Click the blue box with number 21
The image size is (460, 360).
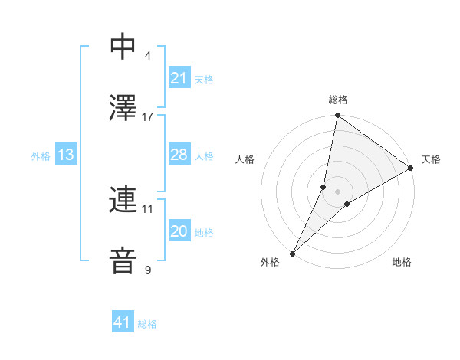[x=179, y=78]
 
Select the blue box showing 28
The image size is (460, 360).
[x=179, y=155]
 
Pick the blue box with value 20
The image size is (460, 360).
[x=179, y=231]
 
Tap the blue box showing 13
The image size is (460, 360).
[x=65, y=155]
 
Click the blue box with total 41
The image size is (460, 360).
[x=123, y=322]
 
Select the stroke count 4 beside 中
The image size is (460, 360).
[x=147, y=55]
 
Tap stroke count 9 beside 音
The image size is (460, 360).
[x=147, y=270]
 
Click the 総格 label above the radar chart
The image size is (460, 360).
[x=338, y=100]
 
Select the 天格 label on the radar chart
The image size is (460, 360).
[x=431, y=159]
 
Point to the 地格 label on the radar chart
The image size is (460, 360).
[x=402, y=263]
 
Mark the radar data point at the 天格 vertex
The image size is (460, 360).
[x=411, y=169]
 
